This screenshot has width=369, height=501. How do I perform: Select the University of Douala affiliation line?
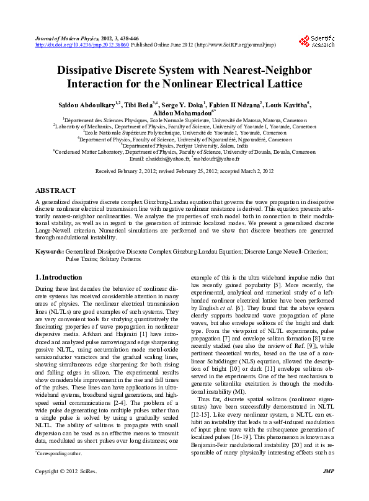coord(184,152)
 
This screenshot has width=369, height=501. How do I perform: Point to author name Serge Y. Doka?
coord(183,104)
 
